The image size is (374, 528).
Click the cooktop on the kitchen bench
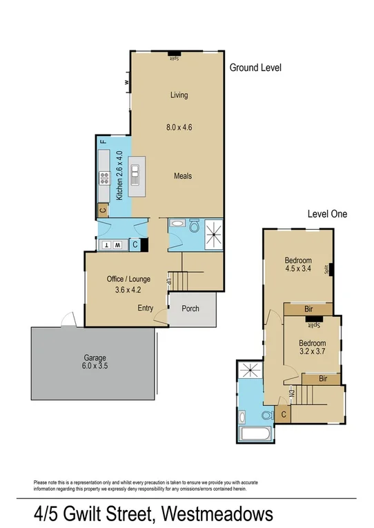[104, 179]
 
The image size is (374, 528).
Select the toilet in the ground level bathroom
[195, 226]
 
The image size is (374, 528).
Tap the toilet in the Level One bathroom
[267, 415]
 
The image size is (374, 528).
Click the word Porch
[190, 308]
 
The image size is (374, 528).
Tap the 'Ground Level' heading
[255, 68]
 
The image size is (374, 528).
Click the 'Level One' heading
[327, 214]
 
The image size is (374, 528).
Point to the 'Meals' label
[182, 176]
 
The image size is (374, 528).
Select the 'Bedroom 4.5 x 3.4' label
[298, 265]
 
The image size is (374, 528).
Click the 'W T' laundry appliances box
[111, 244]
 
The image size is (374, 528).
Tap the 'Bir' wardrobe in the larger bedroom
[308, 309]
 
